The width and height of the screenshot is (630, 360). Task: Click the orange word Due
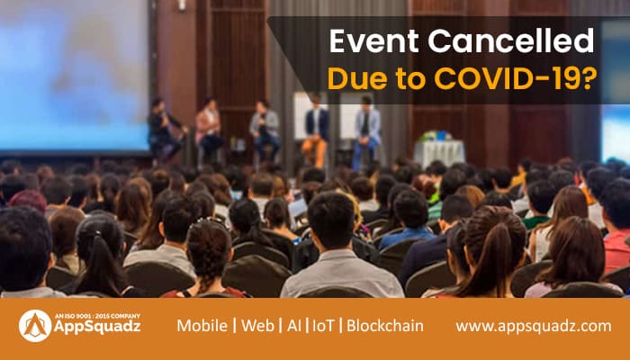354,79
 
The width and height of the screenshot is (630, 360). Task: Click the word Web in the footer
256,326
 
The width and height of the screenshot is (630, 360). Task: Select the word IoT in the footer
322,326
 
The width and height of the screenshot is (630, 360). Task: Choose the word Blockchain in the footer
385,326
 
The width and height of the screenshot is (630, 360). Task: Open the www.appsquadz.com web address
533,326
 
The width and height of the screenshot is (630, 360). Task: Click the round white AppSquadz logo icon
35,326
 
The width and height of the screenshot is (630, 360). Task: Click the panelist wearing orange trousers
315,130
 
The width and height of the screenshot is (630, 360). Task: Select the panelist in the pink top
209,126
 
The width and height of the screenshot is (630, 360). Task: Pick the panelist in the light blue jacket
366,130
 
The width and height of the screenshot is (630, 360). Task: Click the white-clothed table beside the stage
438,152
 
